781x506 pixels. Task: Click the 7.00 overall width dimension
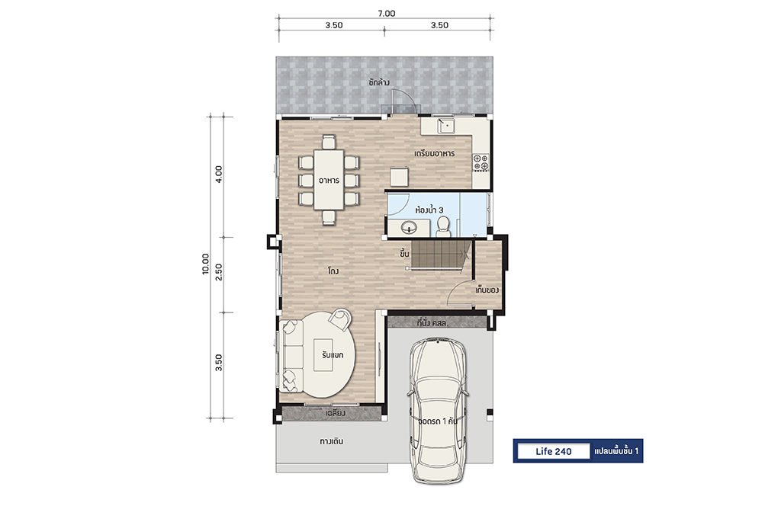387,14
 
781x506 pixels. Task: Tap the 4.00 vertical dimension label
219,175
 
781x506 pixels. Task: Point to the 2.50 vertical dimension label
219,272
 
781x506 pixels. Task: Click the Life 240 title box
554,451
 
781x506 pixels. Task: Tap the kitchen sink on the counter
447,126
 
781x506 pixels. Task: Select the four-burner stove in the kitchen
480,162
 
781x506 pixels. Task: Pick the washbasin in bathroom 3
410,229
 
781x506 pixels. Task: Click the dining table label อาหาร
329,180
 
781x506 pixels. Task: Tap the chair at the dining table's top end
328,142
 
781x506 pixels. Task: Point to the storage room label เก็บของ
487,290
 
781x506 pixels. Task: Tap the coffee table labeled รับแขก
323,354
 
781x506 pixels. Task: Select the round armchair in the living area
341,319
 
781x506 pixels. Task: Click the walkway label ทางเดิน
331,441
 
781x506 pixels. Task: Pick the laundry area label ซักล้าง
379,82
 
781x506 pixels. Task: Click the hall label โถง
334,271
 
